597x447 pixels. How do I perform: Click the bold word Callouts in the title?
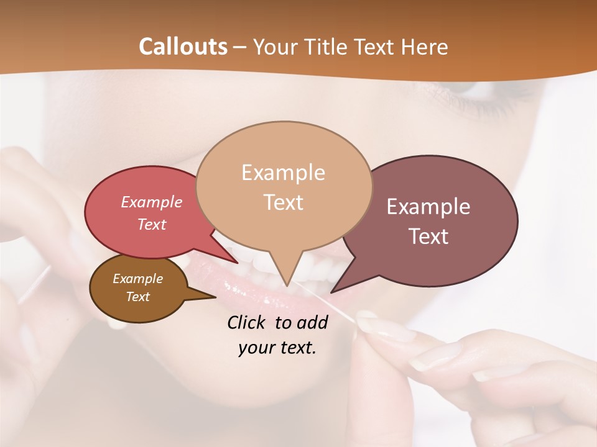coord(183,47)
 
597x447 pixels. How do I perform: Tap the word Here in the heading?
coord(423,47)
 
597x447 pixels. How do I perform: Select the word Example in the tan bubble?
coord(283,173)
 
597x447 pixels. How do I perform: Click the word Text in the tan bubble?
coord(283,202)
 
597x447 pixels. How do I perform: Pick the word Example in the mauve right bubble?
coord(428,207)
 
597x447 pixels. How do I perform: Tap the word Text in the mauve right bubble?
coord(428,237)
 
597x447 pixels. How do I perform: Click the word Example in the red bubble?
coord(152,202)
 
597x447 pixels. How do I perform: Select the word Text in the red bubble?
coord(152,224)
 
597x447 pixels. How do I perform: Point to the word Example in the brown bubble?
coord(137,279)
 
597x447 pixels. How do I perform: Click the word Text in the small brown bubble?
coord(137,297)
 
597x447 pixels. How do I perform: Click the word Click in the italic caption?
coord(248,322)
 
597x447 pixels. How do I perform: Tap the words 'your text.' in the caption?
coord(277,348)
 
